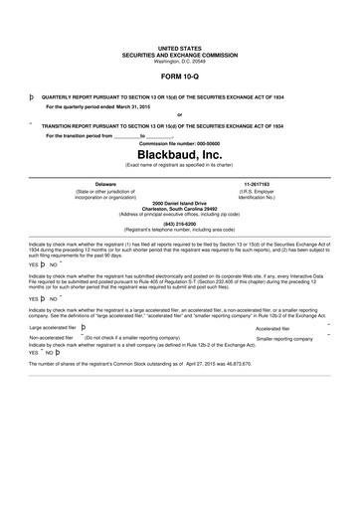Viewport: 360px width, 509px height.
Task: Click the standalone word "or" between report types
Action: point(179,115)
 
